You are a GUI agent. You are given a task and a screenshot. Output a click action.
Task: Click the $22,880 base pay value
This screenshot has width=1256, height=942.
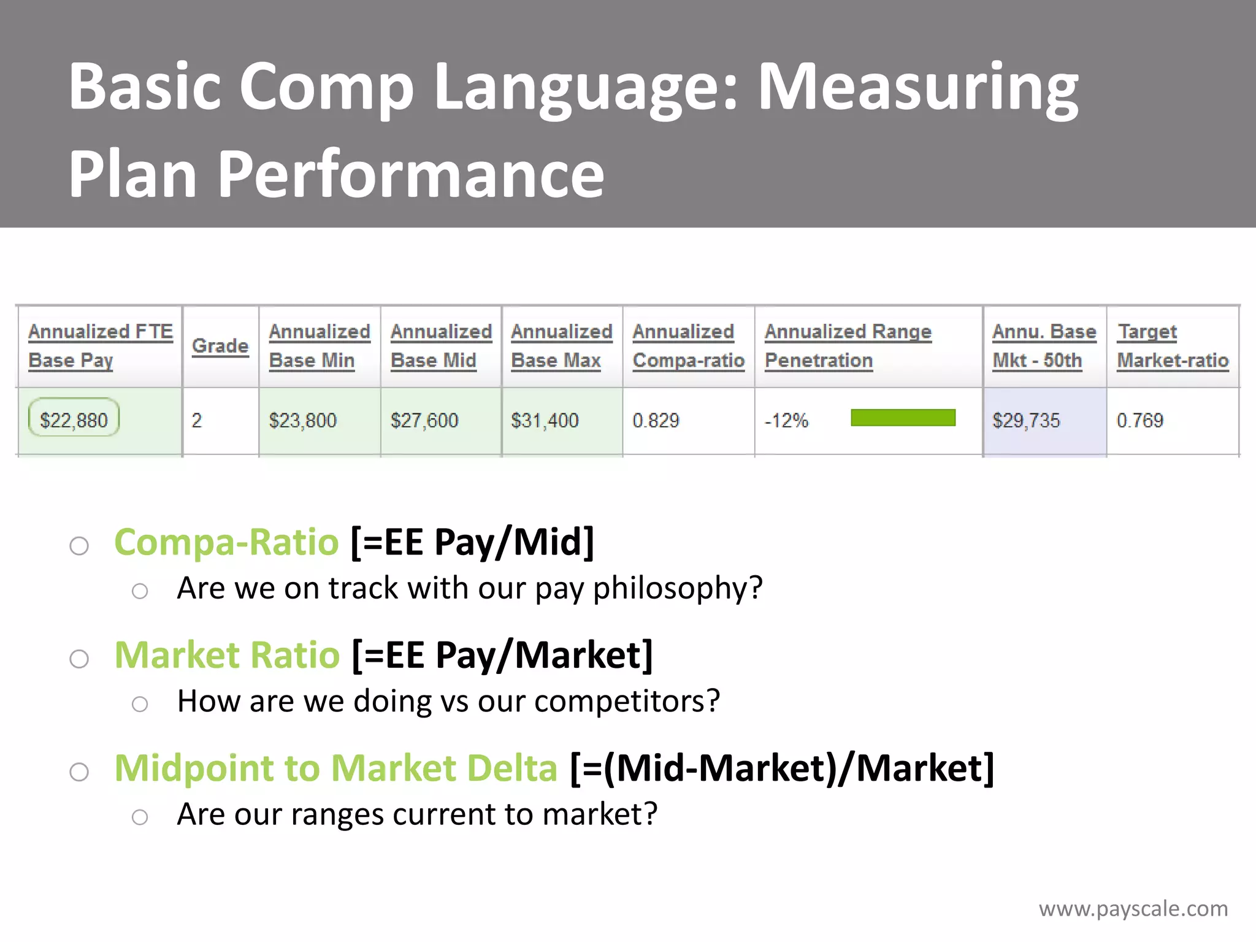pyautogui.click(x=74, y=420)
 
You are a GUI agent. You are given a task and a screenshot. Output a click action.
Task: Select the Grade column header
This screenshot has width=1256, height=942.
pyautogui.click(x=220, y=346)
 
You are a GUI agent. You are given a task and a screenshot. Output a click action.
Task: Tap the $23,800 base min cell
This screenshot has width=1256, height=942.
pyautogui.click(x=303, y=420)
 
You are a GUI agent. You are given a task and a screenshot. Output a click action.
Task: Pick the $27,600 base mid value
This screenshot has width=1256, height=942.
pyautogui.click(x=424, y=420)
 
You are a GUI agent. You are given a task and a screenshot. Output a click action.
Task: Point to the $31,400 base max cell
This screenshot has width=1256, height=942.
pyautogui.click(x=545, y=420)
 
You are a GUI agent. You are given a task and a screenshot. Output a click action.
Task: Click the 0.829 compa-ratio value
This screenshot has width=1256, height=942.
pyautogui.click(x=656, y=420)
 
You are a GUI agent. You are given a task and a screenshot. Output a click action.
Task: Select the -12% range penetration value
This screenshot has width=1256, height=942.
pyautogui.click(x=786, y=420)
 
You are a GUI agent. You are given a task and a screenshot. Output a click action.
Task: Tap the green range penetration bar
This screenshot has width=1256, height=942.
pyautogui.click(x=903, y=418)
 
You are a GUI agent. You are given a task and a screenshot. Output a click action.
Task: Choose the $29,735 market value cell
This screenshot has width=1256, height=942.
pyautogui.click(x=1026, y=420)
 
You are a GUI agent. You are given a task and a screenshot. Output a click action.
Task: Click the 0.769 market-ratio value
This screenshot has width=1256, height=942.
pyautogui.click(x=1139, y=420)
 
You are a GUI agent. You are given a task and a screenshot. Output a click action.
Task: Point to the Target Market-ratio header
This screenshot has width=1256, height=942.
pyautogui.click(x=1173, y=346)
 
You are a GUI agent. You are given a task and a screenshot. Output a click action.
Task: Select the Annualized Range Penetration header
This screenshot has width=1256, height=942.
pyautogui.click(x=848, y=346)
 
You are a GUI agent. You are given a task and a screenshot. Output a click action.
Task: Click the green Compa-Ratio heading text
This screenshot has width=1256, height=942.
pyautogui.click(x=226, y=542)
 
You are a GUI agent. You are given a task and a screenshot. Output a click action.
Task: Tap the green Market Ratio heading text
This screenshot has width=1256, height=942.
pyautogui.click(x=227, y=655)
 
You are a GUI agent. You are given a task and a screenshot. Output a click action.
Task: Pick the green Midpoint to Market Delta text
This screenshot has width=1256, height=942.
pyautogui.click(x=335, y=768)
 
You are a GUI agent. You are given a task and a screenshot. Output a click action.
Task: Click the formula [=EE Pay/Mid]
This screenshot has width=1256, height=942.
pyautogui.click(x=472, y=542)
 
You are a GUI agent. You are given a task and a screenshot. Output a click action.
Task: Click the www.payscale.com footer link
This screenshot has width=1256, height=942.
pyautogui.click(x=1133, y=908)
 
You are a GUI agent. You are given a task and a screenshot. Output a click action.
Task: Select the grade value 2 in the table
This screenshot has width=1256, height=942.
pyautogui.click(x=196, y=420)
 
